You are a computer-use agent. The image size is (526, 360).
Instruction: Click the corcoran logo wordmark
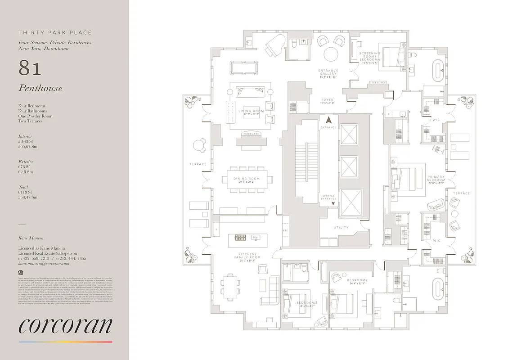click(65, 326)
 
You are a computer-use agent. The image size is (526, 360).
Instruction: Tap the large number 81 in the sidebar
click(30, 68)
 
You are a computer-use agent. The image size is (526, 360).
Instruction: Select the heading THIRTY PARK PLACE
click(55, 32)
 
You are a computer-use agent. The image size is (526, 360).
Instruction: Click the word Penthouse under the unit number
click(40, 88)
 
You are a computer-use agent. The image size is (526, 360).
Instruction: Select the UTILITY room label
click(341, 228)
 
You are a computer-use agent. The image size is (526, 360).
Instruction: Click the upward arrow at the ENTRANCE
click(328, 120)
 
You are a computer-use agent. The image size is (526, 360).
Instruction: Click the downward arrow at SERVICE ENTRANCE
click(333, 204)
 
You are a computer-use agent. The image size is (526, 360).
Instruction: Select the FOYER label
click(327, 101)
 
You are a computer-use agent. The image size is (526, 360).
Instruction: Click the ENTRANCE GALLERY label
click(328, 74)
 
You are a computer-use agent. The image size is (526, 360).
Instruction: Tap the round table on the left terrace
click(198, 145)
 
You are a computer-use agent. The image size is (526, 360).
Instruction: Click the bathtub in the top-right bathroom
click(438, 70)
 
